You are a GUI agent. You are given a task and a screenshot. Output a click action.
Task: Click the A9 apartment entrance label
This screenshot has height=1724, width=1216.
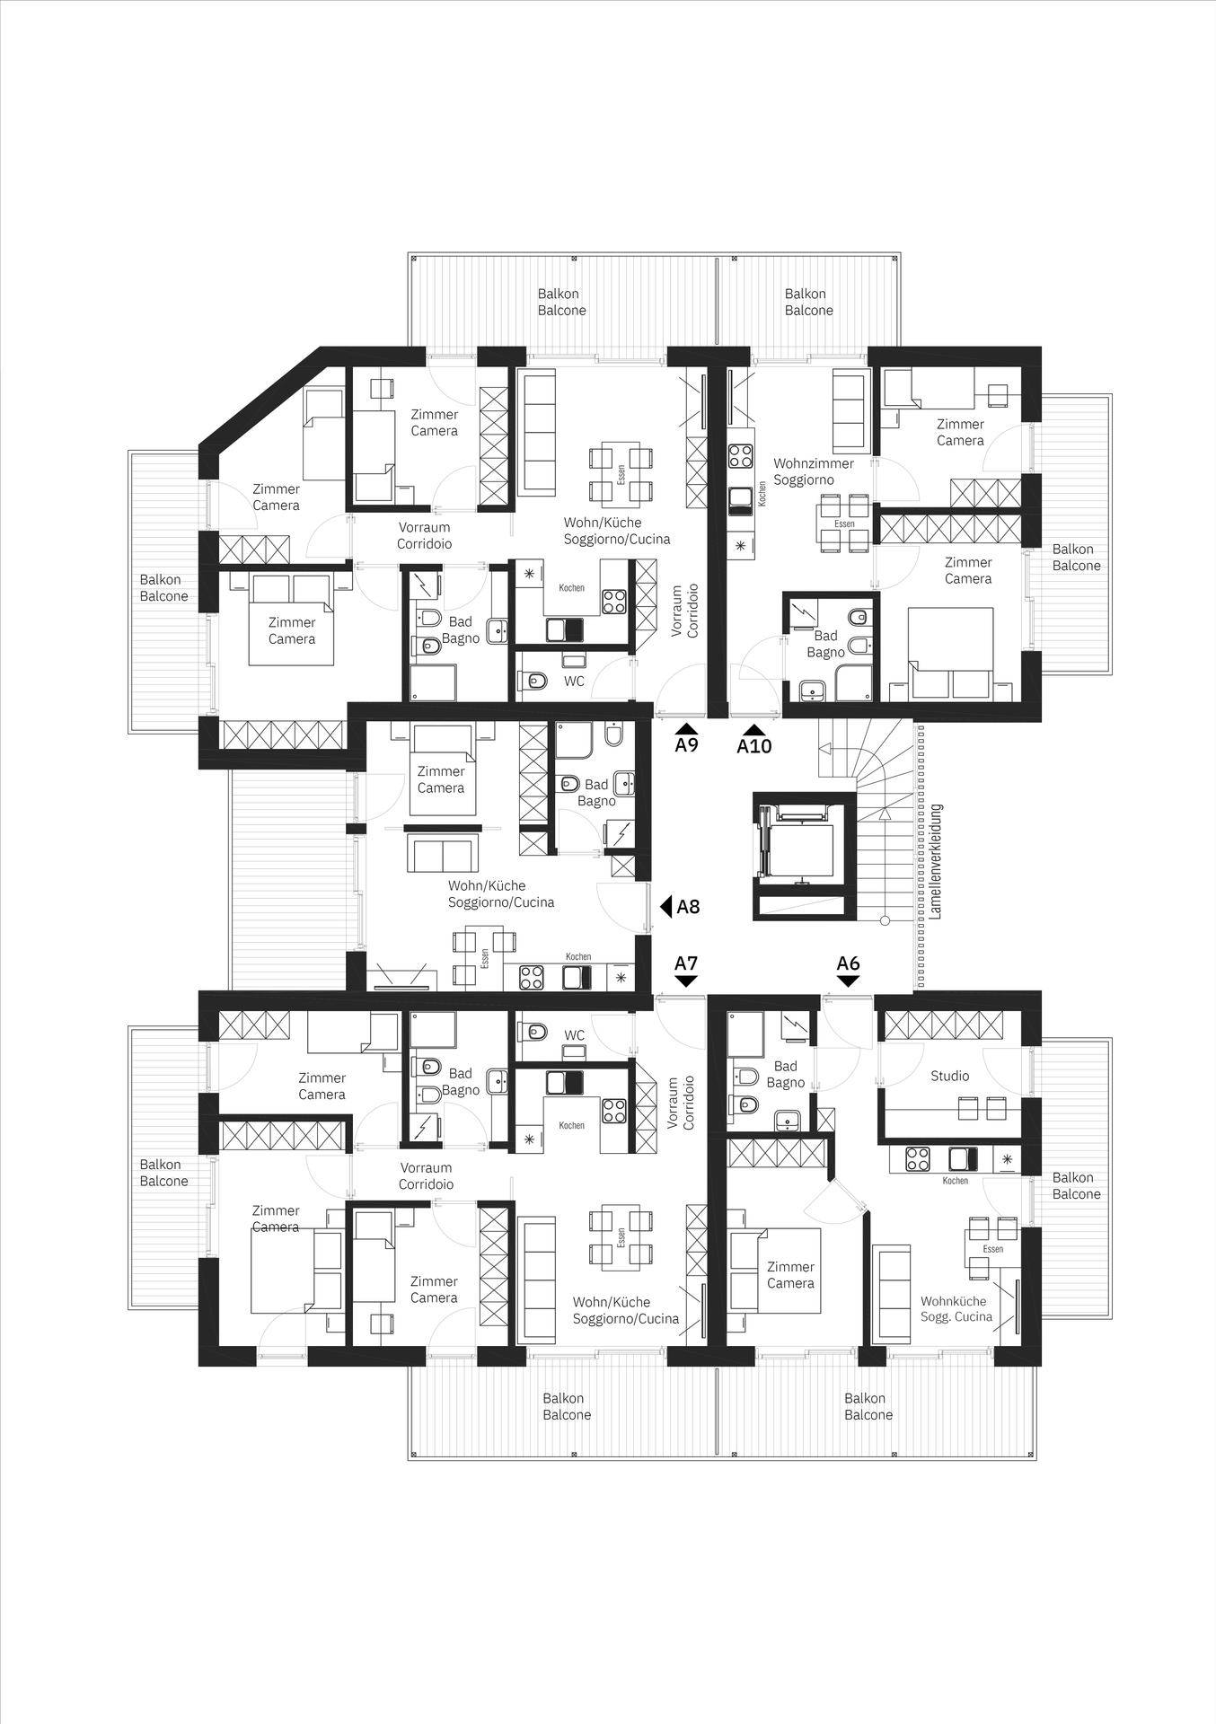tap(687, 744)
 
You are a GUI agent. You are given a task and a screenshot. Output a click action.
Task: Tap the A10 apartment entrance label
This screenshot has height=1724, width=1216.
tap(754, 745)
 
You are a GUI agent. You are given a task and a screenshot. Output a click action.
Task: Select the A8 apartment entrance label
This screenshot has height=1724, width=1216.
tap(689, 907)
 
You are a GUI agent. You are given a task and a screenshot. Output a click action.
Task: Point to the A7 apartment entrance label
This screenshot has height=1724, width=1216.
tap(686, 963)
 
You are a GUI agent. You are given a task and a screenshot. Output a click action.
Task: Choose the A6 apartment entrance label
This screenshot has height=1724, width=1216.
tap(848, 963)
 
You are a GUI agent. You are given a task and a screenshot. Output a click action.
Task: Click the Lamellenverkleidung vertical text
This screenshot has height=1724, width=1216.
tap(936, 860)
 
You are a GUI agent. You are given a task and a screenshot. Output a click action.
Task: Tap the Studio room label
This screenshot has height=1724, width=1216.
tap(949, 1076)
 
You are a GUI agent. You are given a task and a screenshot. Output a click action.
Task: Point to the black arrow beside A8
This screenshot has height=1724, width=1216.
tap(666, 907)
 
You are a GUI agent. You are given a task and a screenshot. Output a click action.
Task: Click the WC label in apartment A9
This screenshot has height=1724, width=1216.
tap(574, 682)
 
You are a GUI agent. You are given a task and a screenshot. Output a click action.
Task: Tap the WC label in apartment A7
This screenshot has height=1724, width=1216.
tap(574, 1035)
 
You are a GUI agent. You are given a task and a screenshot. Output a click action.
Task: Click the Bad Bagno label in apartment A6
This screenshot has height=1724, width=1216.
tap(786, 1075)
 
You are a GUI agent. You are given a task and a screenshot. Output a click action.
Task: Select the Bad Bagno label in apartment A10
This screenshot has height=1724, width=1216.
tap(825, 644)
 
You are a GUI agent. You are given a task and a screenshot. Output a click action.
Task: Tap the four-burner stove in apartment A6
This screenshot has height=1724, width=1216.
tap(917, 1160)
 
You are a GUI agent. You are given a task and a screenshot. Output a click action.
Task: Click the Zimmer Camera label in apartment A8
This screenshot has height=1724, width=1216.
tap(440, 779)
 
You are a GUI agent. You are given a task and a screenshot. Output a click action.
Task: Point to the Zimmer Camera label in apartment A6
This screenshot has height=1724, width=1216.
tap(790, 1275)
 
